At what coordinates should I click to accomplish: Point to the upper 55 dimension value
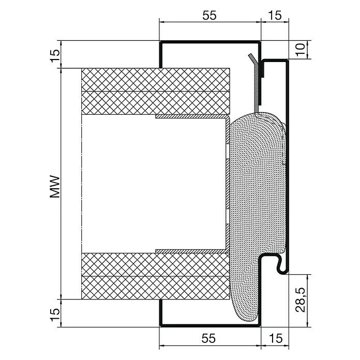click(208, 16)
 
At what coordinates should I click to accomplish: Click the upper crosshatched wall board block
click(155, 91)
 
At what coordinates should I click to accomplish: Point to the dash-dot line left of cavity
click(82, 184)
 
